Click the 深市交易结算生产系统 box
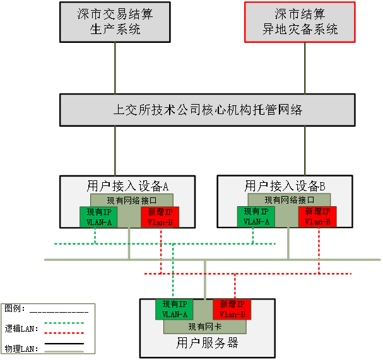(x=115, y=22)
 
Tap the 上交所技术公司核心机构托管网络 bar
(x=207, y=110)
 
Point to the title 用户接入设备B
(x=285, y=186)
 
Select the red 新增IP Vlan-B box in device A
(x=160, y=216)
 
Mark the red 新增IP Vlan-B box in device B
(x=317, y=216)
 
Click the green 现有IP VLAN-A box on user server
(x=174, y=309)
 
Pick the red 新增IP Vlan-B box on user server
(x=232, y=309)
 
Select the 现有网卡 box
(x=204, y=327)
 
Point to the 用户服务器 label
(x=207, y=343)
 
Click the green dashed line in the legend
(x=64, y=323)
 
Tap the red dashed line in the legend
(x=64, y=333)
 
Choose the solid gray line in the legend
(x=64, y=351)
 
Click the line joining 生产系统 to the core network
(x=115, y=68)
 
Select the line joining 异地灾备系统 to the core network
(x=305, y=68)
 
